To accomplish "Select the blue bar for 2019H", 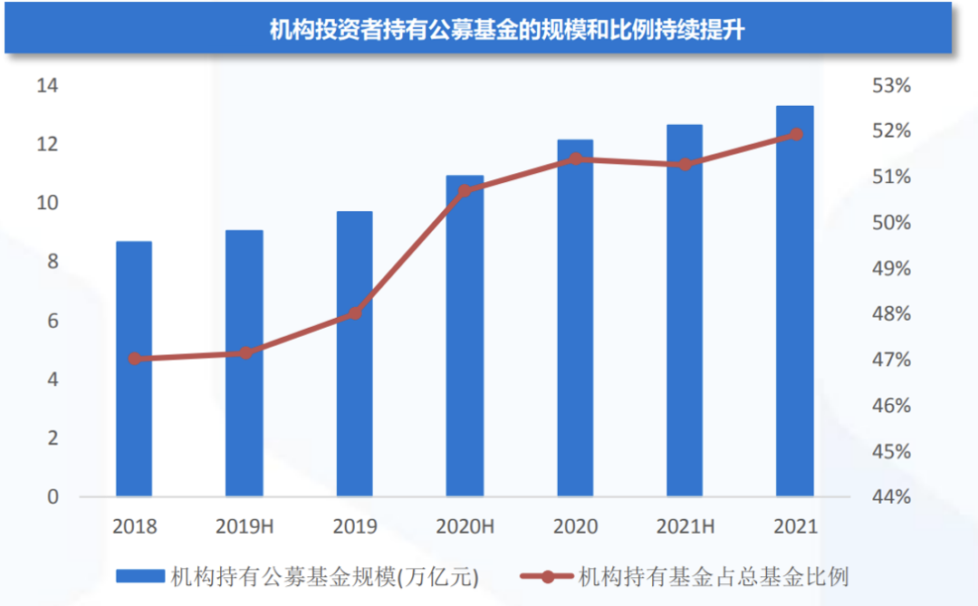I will tap(244, 363).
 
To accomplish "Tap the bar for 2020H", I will tap(465, 335).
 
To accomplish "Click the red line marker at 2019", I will tap(355, 313).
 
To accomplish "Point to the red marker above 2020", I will tap(575, 159).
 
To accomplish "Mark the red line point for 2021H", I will tap(686, 164).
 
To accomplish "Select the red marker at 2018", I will tap(135, 359).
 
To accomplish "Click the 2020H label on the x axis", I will tap(465, 526).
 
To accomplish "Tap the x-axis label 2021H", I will tap(686, 526).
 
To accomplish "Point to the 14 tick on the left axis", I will tap(47, 86).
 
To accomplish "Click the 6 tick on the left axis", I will tap(53, 321).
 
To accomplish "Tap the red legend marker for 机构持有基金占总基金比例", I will tap(547, 575).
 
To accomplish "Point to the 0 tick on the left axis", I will tap(53, 496).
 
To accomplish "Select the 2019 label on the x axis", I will tap(355, 526).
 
